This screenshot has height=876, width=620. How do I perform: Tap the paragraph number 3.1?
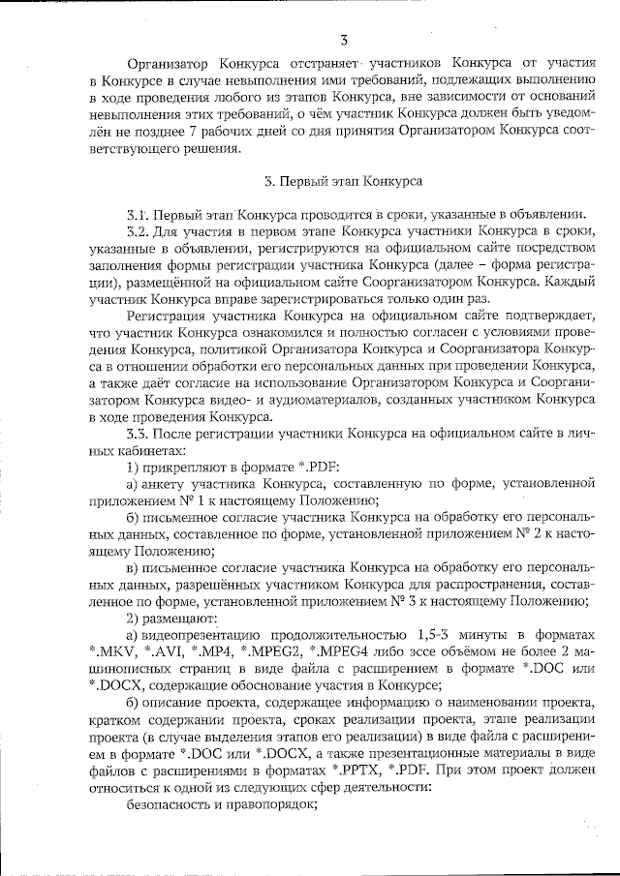[136, 214]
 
